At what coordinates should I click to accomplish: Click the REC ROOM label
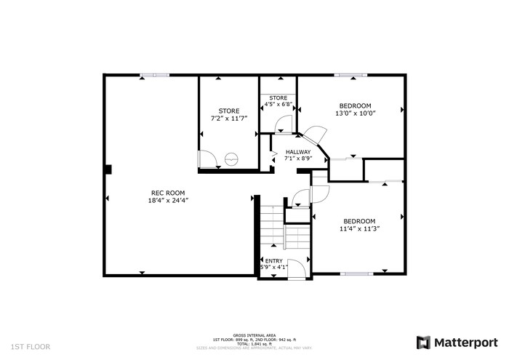[x=162, y=193]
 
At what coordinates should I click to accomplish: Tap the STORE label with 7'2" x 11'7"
[x=229, y=111]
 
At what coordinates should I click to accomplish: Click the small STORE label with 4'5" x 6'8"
[x=278, y=97]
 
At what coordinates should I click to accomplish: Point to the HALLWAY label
[x=297, y=152]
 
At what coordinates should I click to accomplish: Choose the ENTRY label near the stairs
[x=273, y=260]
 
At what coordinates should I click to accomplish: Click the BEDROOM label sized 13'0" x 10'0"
[x=355, y=105]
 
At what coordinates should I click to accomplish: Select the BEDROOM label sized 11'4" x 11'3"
[x=358, y=221]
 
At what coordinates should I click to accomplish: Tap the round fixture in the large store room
[x=232, y=159]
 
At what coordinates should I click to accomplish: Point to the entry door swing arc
[x=295, y=267]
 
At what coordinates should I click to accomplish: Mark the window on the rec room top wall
[x=155, y=74]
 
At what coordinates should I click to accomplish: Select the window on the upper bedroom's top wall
[x=349, y=74]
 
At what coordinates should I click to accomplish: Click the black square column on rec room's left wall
[x=108, y=169]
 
